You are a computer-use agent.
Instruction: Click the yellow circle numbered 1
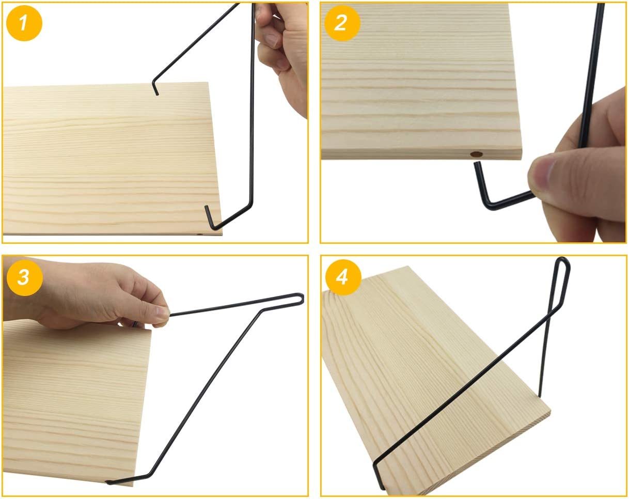click(24, 23)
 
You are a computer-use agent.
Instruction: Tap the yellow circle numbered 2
click(342, 23)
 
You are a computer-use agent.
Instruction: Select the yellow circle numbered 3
click(25, 277)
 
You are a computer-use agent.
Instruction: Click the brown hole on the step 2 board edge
click(476, 154)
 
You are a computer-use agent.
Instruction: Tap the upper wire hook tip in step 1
click(157, 93)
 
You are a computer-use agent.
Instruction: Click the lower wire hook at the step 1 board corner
click(212, 219)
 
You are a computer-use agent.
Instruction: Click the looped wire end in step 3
click(298, 299)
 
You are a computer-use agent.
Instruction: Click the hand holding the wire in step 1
click(280, 56)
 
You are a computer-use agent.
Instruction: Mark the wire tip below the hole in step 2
click(477, 165)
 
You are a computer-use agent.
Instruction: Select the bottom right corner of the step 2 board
click(522, 159)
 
